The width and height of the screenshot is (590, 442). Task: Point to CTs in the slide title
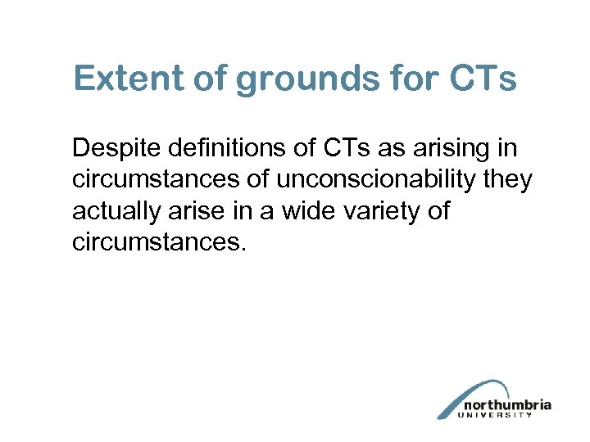coord(483,80)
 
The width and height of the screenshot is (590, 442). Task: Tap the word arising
coord(451,150)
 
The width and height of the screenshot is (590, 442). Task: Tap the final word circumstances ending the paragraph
coord(157,242)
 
